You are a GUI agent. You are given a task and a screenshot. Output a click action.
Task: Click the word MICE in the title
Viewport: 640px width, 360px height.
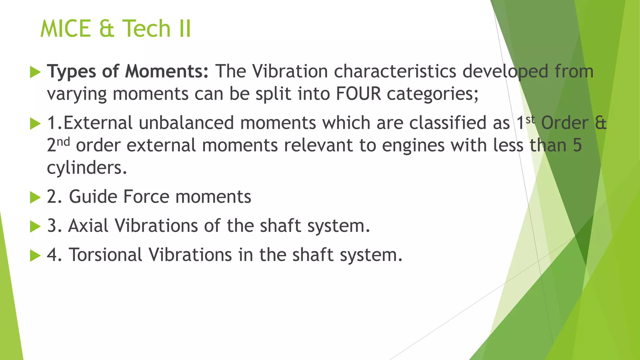66,29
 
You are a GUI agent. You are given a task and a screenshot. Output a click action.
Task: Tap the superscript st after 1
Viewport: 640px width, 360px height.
530,119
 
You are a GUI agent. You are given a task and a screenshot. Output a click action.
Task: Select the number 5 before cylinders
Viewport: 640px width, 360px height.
577,146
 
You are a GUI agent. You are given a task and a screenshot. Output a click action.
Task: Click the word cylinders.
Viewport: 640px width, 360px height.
87,168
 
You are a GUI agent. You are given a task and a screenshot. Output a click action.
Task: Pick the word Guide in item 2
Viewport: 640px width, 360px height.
93,197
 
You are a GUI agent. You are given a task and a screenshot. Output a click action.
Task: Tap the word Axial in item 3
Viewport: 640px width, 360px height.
88,226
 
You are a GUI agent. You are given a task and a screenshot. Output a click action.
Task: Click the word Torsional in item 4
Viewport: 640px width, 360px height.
106,255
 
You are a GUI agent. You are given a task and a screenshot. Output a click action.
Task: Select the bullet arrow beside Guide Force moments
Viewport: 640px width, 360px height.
35,197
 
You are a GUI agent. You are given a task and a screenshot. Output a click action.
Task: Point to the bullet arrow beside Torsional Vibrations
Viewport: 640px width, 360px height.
35,256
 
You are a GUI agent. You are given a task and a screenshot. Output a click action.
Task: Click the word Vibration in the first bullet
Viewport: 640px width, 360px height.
290,71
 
